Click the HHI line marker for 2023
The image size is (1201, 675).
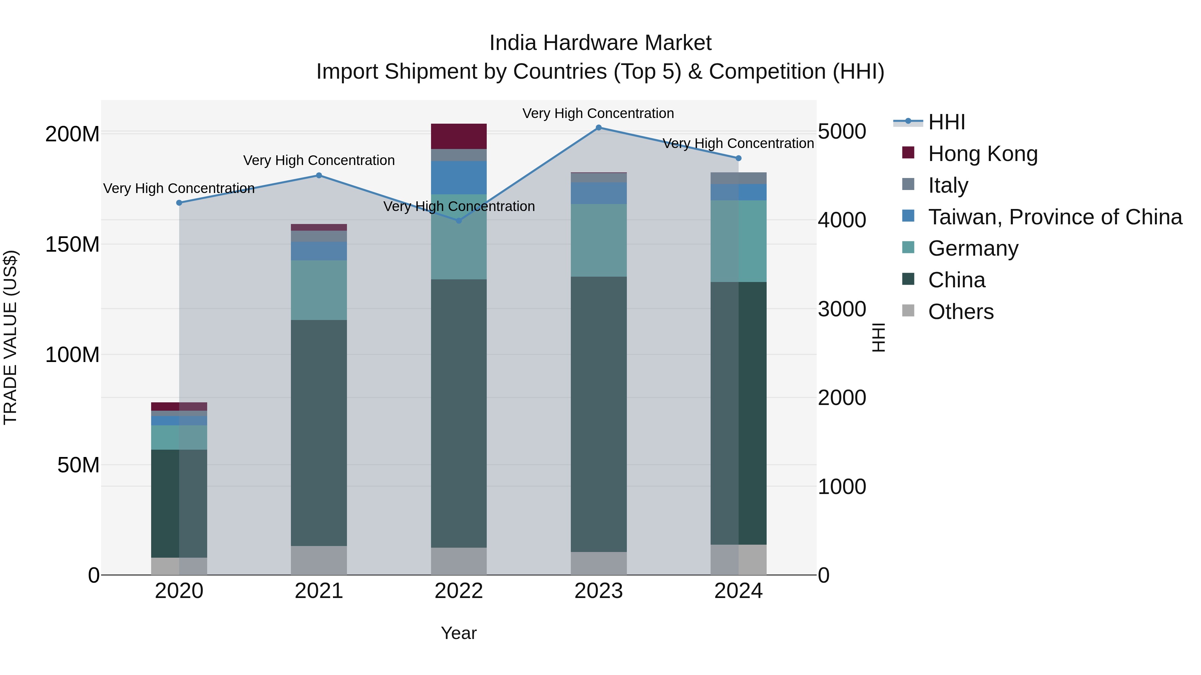click(598, 128)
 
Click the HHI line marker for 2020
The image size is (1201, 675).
click(179, 203)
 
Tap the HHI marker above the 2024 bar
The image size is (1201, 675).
click(739, 158)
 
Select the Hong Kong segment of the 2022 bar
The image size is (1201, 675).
click(459, 136)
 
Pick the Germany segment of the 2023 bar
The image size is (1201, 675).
click(598, 240)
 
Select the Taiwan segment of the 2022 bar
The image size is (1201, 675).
click(459, 177)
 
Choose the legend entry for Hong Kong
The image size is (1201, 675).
click(982, 154)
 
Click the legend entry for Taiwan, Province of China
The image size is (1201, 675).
click(1055, 217)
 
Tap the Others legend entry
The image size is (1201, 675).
click(960, 312)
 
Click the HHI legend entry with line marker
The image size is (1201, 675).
click(946, 122)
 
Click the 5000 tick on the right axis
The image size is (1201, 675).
click(842, 131)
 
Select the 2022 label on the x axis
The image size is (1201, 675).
click(459, 591)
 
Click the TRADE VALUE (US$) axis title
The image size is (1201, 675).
click(10, 337)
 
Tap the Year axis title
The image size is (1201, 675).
click(459, 633)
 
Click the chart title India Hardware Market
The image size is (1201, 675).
click(600, 43)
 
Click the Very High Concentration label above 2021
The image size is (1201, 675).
click(319, 160)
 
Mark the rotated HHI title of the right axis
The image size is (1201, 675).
click(878, 337)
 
